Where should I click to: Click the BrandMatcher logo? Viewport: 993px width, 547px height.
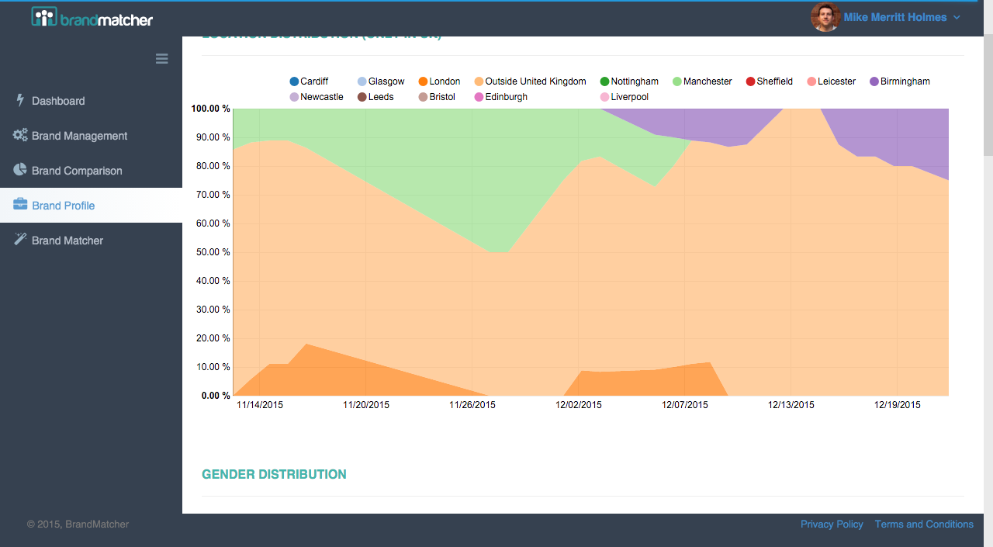coord(92,18)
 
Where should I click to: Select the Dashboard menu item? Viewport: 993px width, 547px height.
coord(58,101)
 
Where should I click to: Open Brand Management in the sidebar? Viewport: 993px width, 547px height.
coord(79,136)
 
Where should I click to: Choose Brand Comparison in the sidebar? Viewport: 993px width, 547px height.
coord(77,171)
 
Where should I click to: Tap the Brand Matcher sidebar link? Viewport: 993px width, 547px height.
coord(67,241)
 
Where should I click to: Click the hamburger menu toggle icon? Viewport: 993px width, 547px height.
coord(161,58)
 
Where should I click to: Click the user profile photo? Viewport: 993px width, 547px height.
coord(825,17)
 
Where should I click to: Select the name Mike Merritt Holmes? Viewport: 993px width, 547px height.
coord(894,17)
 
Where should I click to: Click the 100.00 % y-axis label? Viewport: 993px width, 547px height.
coord(211,109)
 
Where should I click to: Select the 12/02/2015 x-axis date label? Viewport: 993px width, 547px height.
coord(579,405)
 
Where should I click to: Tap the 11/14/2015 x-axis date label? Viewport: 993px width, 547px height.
coord(260,405)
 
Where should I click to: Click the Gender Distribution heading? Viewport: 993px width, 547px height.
coord(274,474)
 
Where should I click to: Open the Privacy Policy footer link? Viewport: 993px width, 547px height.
coord(832,524)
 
